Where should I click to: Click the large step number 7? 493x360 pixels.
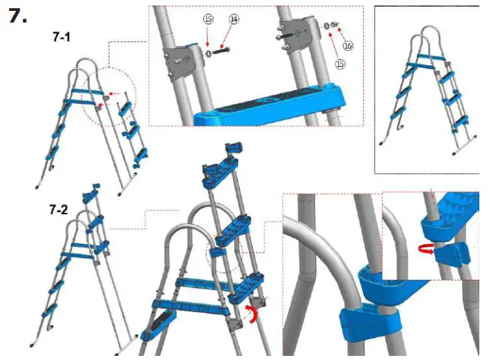18,16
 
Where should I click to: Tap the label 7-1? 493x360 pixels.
62,39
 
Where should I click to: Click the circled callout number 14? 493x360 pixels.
234,21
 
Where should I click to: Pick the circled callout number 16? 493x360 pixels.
347,46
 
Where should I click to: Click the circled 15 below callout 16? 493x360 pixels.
340,64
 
